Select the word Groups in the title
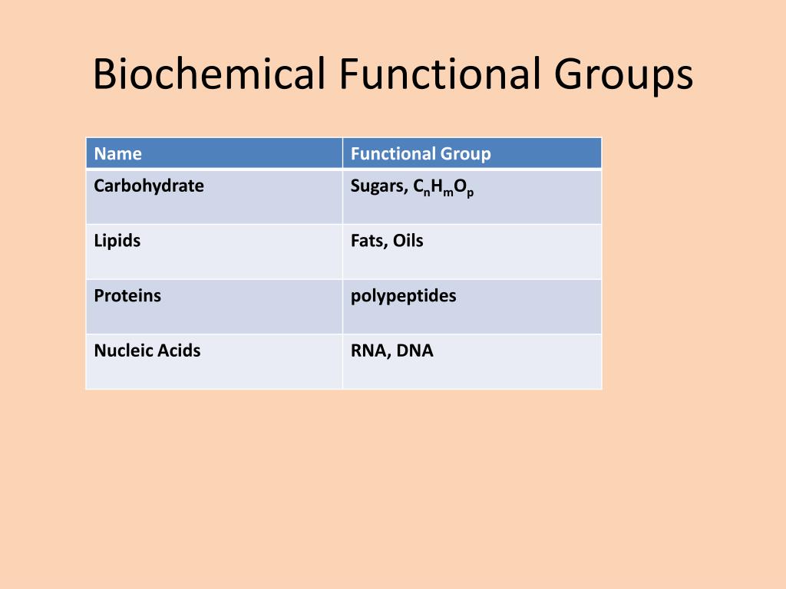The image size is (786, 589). [623, 75]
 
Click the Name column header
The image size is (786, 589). [117, 153]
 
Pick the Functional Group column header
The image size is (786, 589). [420, 153]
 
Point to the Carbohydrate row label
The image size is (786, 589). [149, 186]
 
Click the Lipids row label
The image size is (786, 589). [117, 241]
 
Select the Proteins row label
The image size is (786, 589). [127, 296]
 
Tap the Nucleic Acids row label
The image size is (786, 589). [147, 351]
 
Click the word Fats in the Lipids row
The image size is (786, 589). [368, 241]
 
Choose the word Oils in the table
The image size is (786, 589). [408, 241]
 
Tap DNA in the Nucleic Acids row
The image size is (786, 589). [415, 351]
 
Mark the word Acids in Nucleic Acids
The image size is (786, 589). [179, 351]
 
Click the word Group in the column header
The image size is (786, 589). [466, 154]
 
